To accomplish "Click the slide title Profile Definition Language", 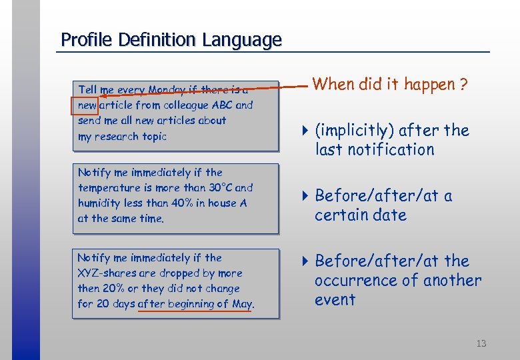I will (x=171, y=40).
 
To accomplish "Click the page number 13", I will (x=481, y=343).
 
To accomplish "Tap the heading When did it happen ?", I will (x=390, y=85).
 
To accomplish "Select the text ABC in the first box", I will (x=222, y=105).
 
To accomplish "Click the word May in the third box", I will (x=242, y=304).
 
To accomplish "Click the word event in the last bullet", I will (x=335, y=300).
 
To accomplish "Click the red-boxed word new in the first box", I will (x=87, y=105).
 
